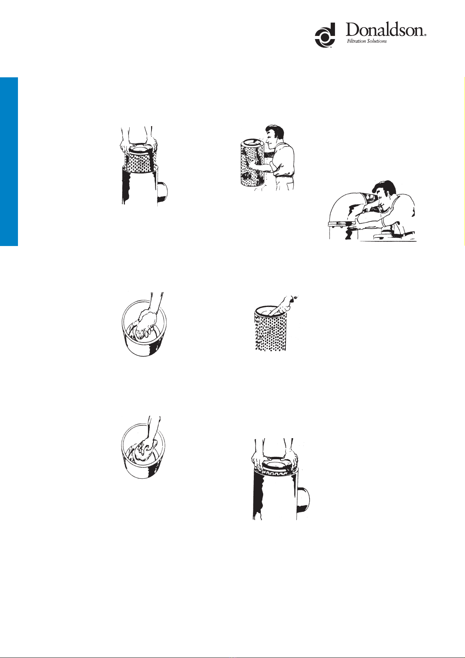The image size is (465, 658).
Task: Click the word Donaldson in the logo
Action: [385, 30]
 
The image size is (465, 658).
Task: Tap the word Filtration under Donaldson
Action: [356, 41]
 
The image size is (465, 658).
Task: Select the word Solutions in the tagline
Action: [377, 41]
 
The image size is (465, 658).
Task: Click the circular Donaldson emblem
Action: [325, 35]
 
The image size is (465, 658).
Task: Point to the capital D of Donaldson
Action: [353, 30]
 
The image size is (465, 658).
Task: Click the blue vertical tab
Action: [9, 162]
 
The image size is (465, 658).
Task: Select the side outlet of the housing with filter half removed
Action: [162, 192]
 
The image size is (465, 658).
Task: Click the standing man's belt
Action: [284, 175]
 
